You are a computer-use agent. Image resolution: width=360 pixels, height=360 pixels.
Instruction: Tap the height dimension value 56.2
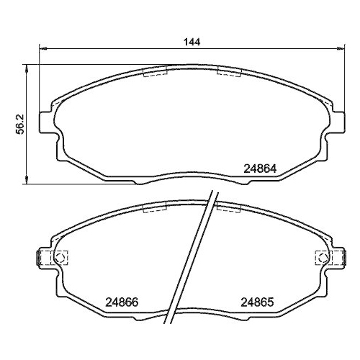[x=21, y=123]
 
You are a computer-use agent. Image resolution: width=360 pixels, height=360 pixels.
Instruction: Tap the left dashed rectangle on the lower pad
[x=155, y=209]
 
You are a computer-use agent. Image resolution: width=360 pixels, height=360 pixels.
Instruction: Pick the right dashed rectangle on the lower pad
[x=228, y=209]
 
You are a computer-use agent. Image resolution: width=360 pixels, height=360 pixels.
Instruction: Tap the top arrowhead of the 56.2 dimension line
[x=27, y=67]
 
